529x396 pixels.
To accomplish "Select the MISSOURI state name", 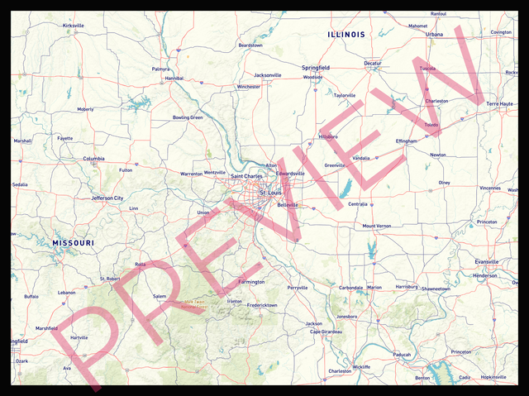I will (73, 242).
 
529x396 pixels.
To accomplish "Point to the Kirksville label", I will (74, 26).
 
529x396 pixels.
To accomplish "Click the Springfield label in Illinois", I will (316, 67).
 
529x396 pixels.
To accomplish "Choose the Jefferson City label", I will (107, 198).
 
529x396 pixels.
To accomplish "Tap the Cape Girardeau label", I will (326, 332).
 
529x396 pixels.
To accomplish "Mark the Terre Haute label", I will (500, 103).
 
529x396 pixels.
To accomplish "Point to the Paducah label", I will (402, 354).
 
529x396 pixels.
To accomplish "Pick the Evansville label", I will (487, 262).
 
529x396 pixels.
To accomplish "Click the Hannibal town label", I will (174, 78).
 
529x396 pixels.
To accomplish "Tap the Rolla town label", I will (140, 265).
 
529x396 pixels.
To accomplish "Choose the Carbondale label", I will (351, 288).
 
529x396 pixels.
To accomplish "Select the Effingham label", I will (406, 141).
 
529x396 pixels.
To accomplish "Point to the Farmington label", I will (251, 282).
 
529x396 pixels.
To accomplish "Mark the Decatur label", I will (373, 63).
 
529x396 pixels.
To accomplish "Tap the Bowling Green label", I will (188, 117).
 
